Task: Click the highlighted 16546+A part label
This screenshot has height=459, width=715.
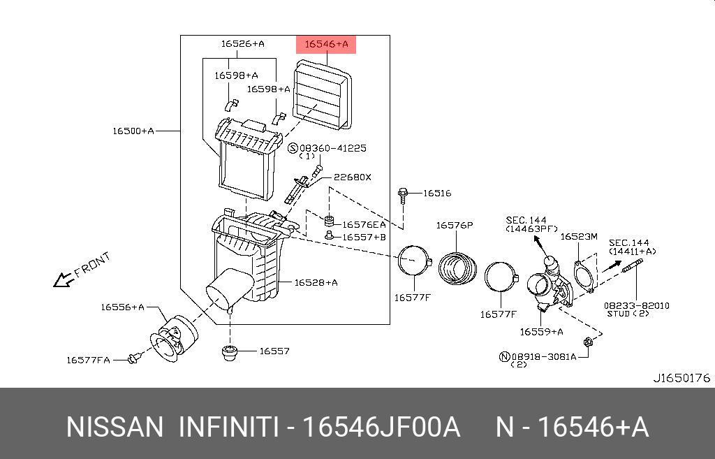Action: [x=327, y=45]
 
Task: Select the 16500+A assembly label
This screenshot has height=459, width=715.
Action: [x=133, y=131]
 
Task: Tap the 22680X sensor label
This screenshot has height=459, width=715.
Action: [x=352, y=177]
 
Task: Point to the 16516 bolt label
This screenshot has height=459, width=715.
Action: [x=437, y=193]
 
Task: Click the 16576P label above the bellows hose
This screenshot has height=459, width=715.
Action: [x=455, y=225]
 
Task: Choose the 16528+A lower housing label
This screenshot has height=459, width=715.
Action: [x=316, y=282]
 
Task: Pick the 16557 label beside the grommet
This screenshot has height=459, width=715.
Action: [x=274, y=351]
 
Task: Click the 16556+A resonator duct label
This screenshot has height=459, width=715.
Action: [x=121, y=306]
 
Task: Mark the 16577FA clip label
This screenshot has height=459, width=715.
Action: [x=89, y=360]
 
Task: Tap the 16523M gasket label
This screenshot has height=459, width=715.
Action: [x=579, y=237]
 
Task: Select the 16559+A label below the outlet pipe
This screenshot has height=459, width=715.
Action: [x=540, y=332]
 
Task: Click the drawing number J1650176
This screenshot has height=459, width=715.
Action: [x=681, y=378]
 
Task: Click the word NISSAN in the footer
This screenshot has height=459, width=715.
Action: [x=115, y=427]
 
